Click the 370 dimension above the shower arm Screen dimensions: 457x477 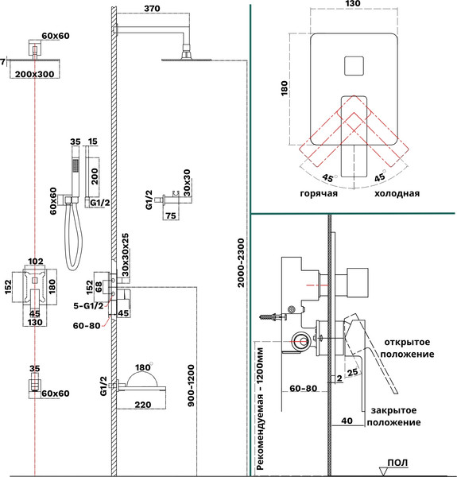pyautogui.click(x=152, y=9)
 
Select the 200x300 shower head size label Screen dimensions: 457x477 pyautogui.click(x=35, y=74)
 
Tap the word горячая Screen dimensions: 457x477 pyautogui.click(x=319, y=194)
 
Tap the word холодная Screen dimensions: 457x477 pyautogui.click(x=397, y=193)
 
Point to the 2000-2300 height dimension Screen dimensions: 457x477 pyautogui.click(x=241, y=263)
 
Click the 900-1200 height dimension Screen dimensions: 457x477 pyautogui.click(x=191, y=386)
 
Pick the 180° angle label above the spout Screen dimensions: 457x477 pyautogui.click(x=144, y=367)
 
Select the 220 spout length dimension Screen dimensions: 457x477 pyautogui.click(x=143, y=405)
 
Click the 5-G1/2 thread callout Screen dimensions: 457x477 pyautogui.click(x=88, y=306)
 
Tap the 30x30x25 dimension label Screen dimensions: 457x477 pyautogui.click(x=125, y=255)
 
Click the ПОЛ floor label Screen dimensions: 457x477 pyautogui.click(x=397, y=463)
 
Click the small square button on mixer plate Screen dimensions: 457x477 pyautogui.click(x=354, y=66)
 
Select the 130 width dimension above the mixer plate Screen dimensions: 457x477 pyautogui.click(x=353, y=4)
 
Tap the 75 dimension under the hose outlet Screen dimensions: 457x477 pyautogui.click(x=171, y=215)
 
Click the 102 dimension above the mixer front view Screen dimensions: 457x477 pyautogui.click(x=36, y=261)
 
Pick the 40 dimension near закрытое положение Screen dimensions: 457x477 pyautogui.click(x=347, y=421)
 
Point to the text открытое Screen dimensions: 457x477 pyautogui.click(x=407, y=342)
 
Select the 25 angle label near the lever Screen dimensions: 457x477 pyautogui.click(x=352, y=372)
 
